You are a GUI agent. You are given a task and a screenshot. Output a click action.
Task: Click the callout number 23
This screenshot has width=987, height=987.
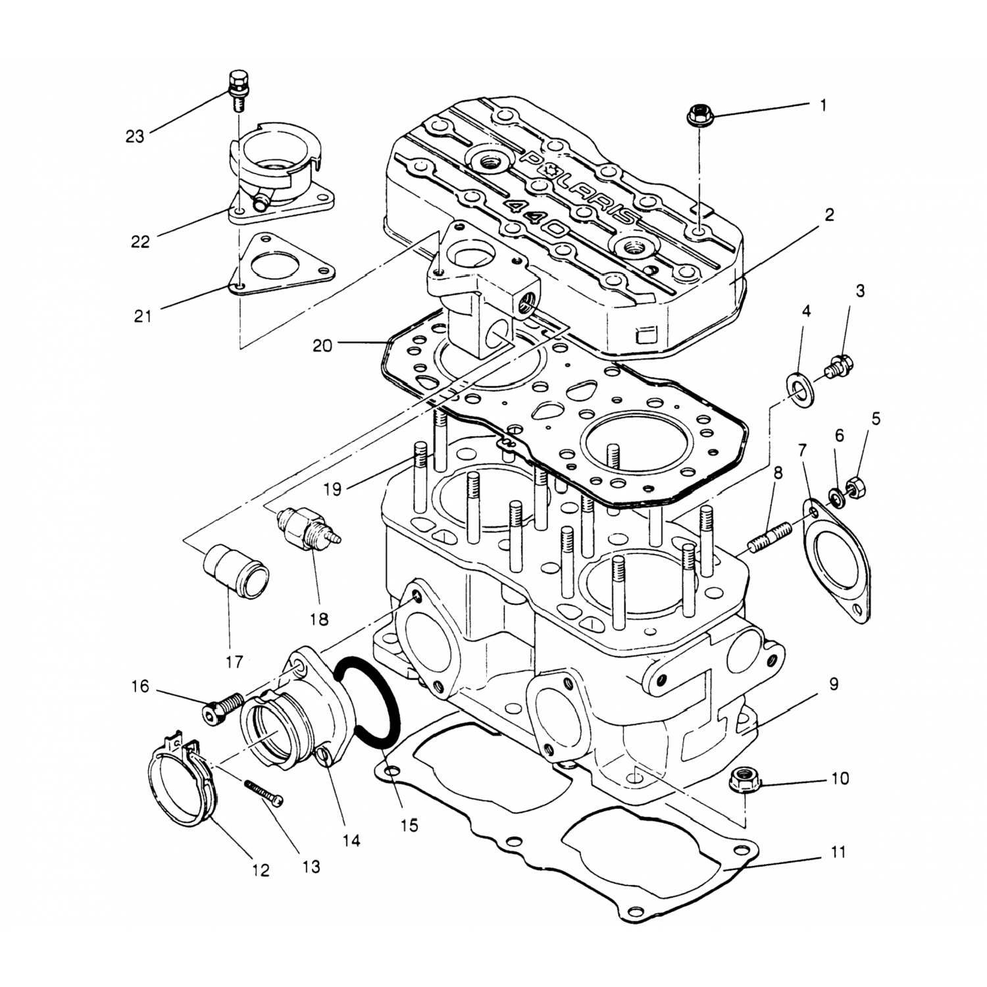coord(135,137)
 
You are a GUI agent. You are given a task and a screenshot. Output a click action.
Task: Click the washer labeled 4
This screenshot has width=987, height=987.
coord(799,386)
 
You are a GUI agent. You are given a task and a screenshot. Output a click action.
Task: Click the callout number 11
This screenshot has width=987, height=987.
coord(837,853)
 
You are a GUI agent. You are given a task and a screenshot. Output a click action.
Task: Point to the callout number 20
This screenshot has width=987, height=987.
coord(322,345)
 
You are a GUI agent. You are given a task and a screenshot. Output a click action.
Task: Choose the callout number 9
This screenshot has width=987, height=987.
coord(834,684)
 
